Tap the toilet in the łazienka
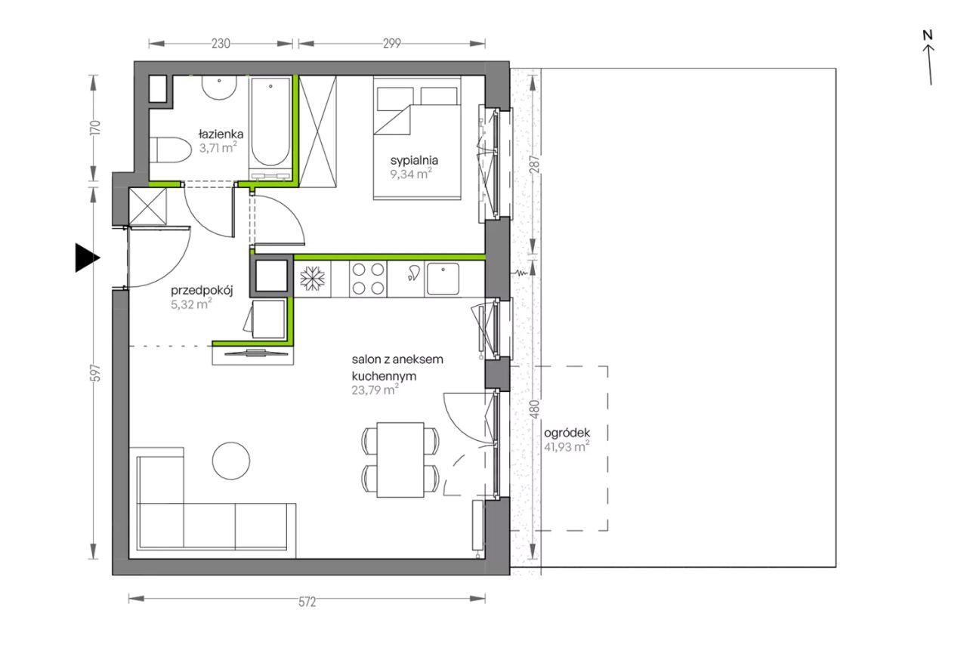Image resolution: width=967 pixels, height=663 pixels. tap(171, 150)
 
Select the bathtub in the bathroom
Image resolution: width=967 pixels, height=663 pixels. tap(270, 122)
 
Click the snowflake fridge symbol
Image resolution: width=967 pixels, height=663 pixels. tap(312, 279)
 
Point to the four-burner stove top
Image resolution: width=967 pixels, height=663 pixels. tap(368, 279)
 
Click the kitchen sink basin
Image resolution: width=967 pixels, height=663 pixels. tap(443, 279)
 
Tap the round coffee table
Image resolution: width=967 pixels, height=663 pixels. tap(231, 461)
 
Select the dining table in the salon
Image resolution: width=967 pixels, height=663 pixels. tap(400, 460)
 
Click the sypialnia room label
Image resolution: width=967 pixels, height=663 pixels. tap(414, 161)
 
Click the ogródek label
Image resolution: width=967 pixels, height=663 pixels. tap(567, 433)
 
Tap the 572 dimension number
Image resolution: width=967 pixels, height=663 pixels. tap(307, 602)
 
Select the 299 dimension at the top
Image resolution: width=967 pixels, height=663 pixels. tap(392, 44)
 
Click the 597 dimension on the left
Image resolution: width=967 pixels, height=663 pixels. tap(96, 373)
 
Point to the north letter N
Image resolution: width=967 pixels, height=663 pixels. tap(928, 35)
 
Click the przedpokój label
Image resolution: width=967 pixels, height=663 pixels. tap(202, 291)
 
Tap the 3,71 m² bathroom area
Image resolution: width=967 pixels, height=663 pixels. tap(218, 148)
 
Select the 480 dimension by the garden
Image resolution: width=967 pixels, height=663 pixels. tap(534, 409)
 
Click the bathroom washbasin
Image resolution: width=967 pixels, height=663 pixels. tap(219, 88)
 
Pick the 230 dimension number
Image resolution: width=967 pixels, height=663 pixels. tap(221, 44)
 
